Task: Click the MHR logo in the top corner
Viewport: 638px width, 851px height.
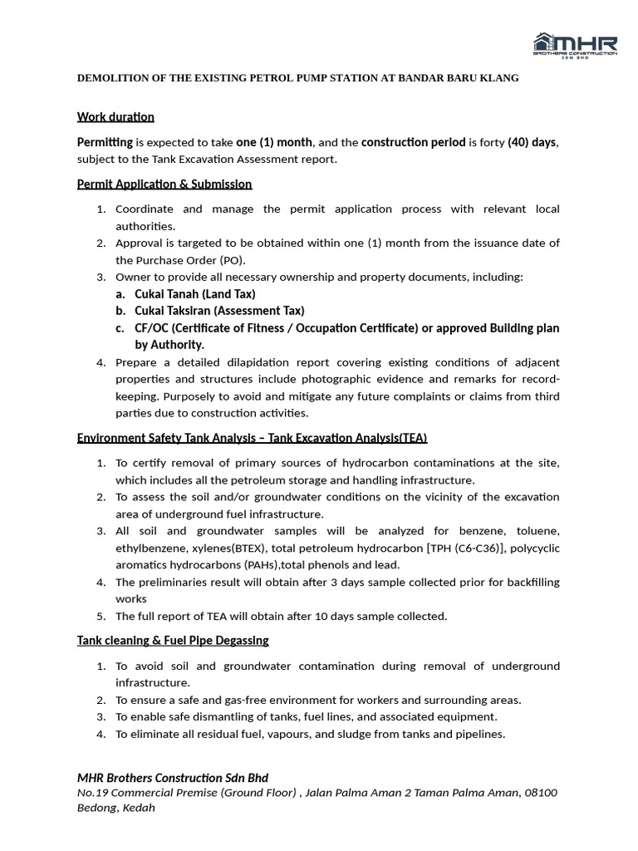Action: [x=575, y=46]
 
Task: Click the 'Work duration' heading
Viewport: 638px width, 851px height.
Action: [x=115, y=116]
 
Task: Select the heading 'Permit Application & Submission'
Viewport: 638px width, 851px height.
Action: [x=164, y=184]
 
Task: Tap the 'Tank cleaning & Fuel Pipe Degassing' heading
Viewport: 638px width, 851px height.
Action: [x=173, y=640]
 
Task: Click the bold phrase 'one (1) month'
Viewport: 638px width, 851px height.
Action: [x=274, y=142]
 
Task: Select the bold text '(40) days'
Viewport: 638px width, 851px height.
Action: [x=532, y=142]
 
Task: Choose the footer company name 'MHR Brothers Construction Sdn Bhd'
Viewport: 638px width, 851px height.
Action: [x=173, y=778]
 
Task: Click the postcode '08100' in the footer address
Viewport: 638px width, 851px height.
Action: [x=542, y=793]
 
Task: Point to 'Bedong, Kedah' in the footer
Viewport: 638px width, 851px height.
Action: [x=116, y=808]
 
